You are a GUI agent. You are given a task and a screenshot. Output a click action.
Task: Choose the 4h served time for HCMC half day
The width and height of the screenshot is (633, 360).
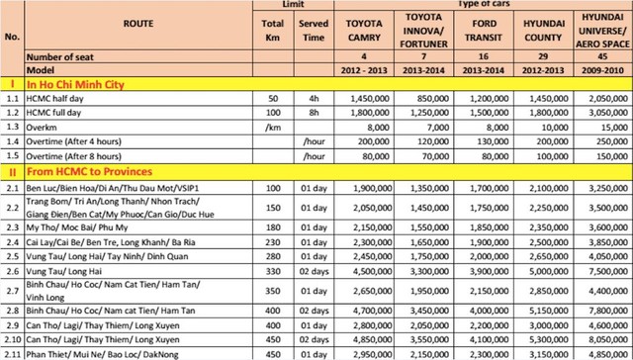(x=314, y=101)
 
